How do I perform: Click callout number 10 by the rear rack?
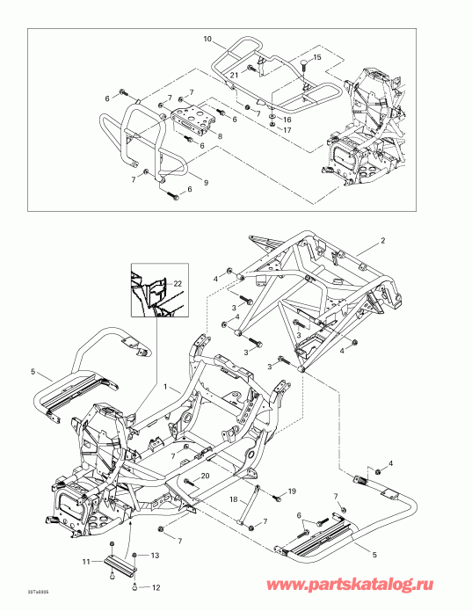207,40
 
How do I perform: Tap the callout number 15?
318,57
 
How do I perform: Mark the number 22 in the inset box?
178,282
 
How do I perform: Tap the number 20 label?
204,476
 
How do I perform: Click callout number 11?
98,560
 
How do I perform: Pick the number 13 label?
155,556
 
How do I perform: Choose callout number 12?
156,587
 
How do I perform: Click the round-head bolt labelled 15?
302,62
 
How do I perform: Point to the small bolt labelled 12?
134,587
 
